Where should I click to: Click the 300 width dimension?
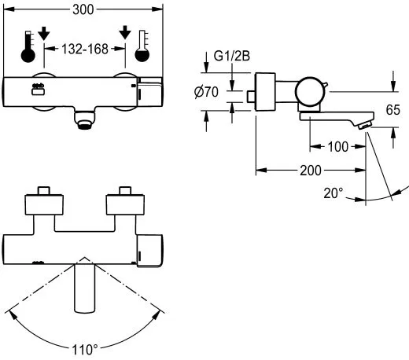coord(87,9)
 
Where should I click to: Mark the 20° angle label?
coord(334,193)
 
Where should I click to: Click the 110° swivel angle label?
coord(85,348)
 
